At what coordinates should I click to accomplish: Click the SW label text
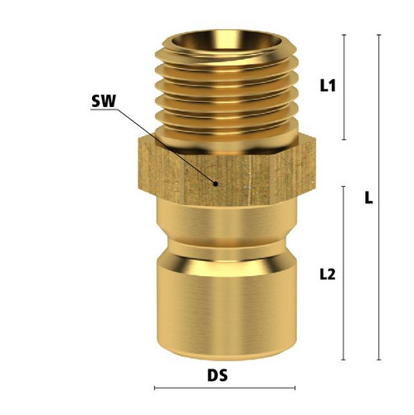(103, 101)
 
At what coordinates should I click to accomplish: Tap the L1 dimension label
(328, 85)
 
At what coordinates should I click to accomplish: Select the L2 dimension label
(328, 275)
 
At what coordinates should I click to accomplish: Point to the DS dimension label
(217, 376)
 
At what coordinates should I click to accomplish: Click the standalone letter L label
(368, 198)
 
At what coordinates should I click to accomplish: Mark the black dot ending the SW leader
(216, 183)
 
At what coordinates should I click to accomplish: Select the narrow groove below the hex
(226, 247)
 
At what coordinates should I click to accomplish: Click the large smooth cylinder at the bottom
(226, 307)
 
